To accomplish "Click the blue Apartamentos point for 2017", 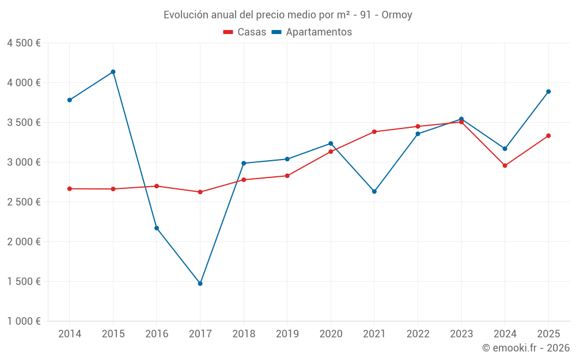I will point(200,283).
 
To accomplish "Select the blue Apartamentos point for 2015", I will point(113,72).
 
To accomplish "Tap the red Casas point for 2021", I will point(374,132).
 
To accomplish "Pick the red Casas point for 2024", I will point(505,166).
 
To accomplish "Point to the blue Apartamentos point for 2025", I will point(548,92).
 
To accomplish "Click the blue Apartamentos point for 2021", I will point(374,191).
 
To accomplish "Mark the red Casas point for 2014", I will point(69,189).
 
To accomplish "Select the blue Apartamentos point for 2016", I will point(157,228).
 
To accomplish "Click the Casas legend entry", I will point(245,32).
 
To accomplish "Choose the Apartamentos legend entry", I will point(312,32).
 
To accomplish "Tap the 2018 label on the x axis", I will point(244,334).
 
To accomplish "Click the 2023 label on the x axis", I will point(461,334).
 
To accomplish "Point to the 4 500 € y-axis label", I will point(24,43).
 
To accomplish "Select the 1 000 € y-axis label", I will point(24,321).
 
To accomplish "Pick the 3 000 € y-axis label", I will point(24,162).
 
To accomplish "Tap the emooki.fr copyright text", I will point(525,348).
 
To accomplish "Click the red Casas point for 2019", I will point(287,176).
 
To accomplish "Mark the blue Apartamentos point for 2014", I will point(69,100).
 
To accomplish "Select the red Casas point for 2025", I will point(548,136).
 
